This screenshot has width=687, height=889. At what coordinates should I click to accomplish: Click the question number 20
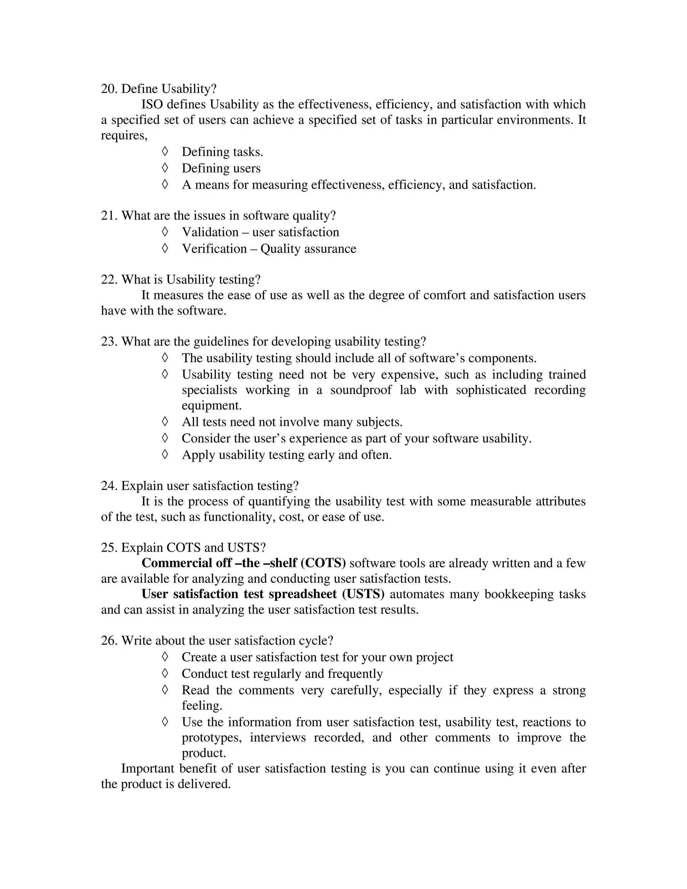pos(109,89)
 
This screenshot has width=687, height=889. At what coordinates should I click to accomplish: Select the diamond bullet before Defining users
pos(165,168)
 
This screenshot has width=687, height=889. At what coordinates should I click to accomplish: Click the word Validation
pos(210,232)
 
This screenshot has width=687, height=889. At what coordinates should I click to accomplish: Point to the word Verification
pos(214,249)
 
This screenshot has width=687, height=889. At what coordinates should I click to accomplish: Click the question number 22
pos(109,280)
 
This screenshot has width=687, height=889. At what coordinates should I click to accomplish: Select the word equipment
pos(211,406)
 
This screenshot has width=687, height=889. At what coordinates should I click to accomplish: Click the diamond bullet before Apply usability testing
pos(165,454)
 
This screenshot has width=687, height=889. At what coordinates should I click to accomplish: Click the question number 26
pos(109,641)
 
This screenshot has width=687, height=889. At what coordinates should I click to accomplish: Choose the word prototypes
pos(212,738)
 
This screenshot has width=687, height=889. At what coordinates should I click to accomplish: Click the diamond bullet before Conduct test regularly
pos(165,673)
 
